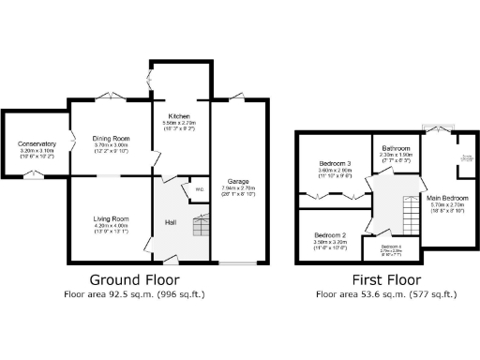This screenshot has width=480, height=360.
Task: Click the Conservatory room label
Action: point(37,143)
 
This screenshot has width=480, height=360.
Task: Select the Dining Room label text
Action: point(110,138)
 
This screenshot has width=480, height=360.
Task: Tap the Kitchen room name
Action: point(179,116)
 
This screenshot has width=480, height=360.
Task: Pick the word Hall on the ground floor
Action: point(172,222)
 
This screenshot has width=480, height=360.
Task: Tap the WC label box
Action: point(199,189)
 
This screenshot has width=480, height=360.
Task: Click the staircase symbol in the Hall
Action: point(199,228)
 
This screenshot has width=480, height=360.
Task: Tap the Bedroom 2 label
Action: point(330,234)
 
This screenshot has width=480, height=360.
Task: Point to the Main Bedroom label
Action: point(448,198)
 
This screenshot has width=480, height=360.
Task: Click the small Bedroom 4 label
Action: point(392,247)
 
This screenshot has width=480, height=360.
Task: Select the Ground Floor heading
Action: point(134,279)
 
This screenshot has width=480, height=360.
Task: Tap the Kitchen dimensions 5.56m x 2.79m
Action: point(179,123)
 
